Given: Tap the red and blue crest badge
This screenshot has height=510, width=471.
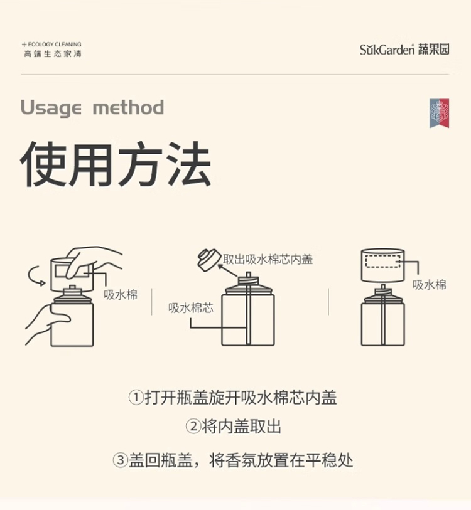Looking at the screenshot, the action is (x=439, y=113).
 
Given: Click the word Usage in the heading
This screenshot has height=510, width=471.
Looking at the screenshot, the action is (x=51, y=108).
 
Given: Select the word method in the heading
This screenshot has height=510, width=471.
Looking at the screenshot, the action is (x=128, y=107).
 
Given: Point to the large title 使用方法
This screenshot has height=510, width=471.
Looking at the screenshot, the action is (x=116, y=164).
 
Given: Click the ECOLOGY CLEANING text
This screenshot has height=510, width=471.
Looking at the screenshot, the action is (x=55, y=45).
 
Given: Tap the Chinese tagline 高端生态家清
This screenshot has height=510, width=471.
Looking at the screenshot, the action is (x=53, y=54).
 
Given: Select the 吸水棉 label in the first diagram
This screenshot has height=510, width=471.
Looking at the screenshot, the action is (x=121, y=295).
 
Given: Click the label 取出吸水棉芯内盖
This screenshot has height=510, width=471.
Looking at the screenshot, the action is (x=268, y=260).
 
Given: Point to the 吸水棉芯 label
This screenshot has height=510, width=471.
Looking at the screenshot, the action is (x=191, y=307).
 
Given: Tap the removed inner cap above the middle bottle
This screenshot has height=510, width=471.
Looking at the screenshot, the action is (x=209, y=260).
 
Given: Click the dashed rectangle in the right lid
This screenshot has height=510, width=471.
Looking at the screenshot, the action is (x=382, y=262).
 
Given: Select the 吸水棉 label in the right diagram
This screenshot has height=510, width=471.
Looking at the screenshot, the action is (x=430, y=285).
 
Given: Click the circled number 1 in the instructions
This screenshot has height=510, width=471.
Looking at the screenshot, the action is (x=136, y=398).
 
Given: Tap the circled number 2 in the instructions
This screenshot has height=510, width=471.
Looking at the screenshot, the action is (x=193, y=426).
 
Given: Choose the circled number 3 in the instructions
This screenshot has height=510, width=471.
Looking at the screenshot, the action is (x=120, y=460).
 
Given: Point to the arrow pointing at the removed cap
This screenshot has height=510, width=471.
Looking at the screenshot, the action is (x=228, y=270).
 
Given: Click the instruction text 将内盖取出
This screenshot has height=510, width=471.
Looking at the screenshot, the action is (x=241, y=427).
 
